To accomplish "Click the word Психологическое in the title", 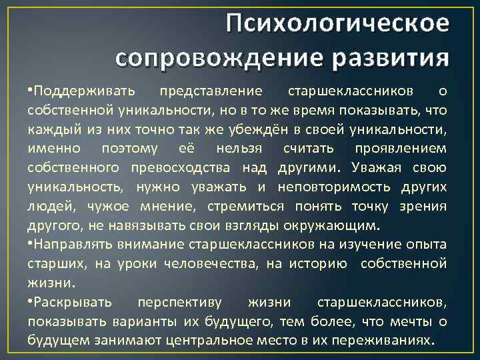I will tap(337, 24).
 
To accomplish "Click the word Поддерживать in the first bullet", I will tap(85, 89).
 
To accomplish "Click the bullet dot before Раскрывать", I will tap(31, 303).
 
